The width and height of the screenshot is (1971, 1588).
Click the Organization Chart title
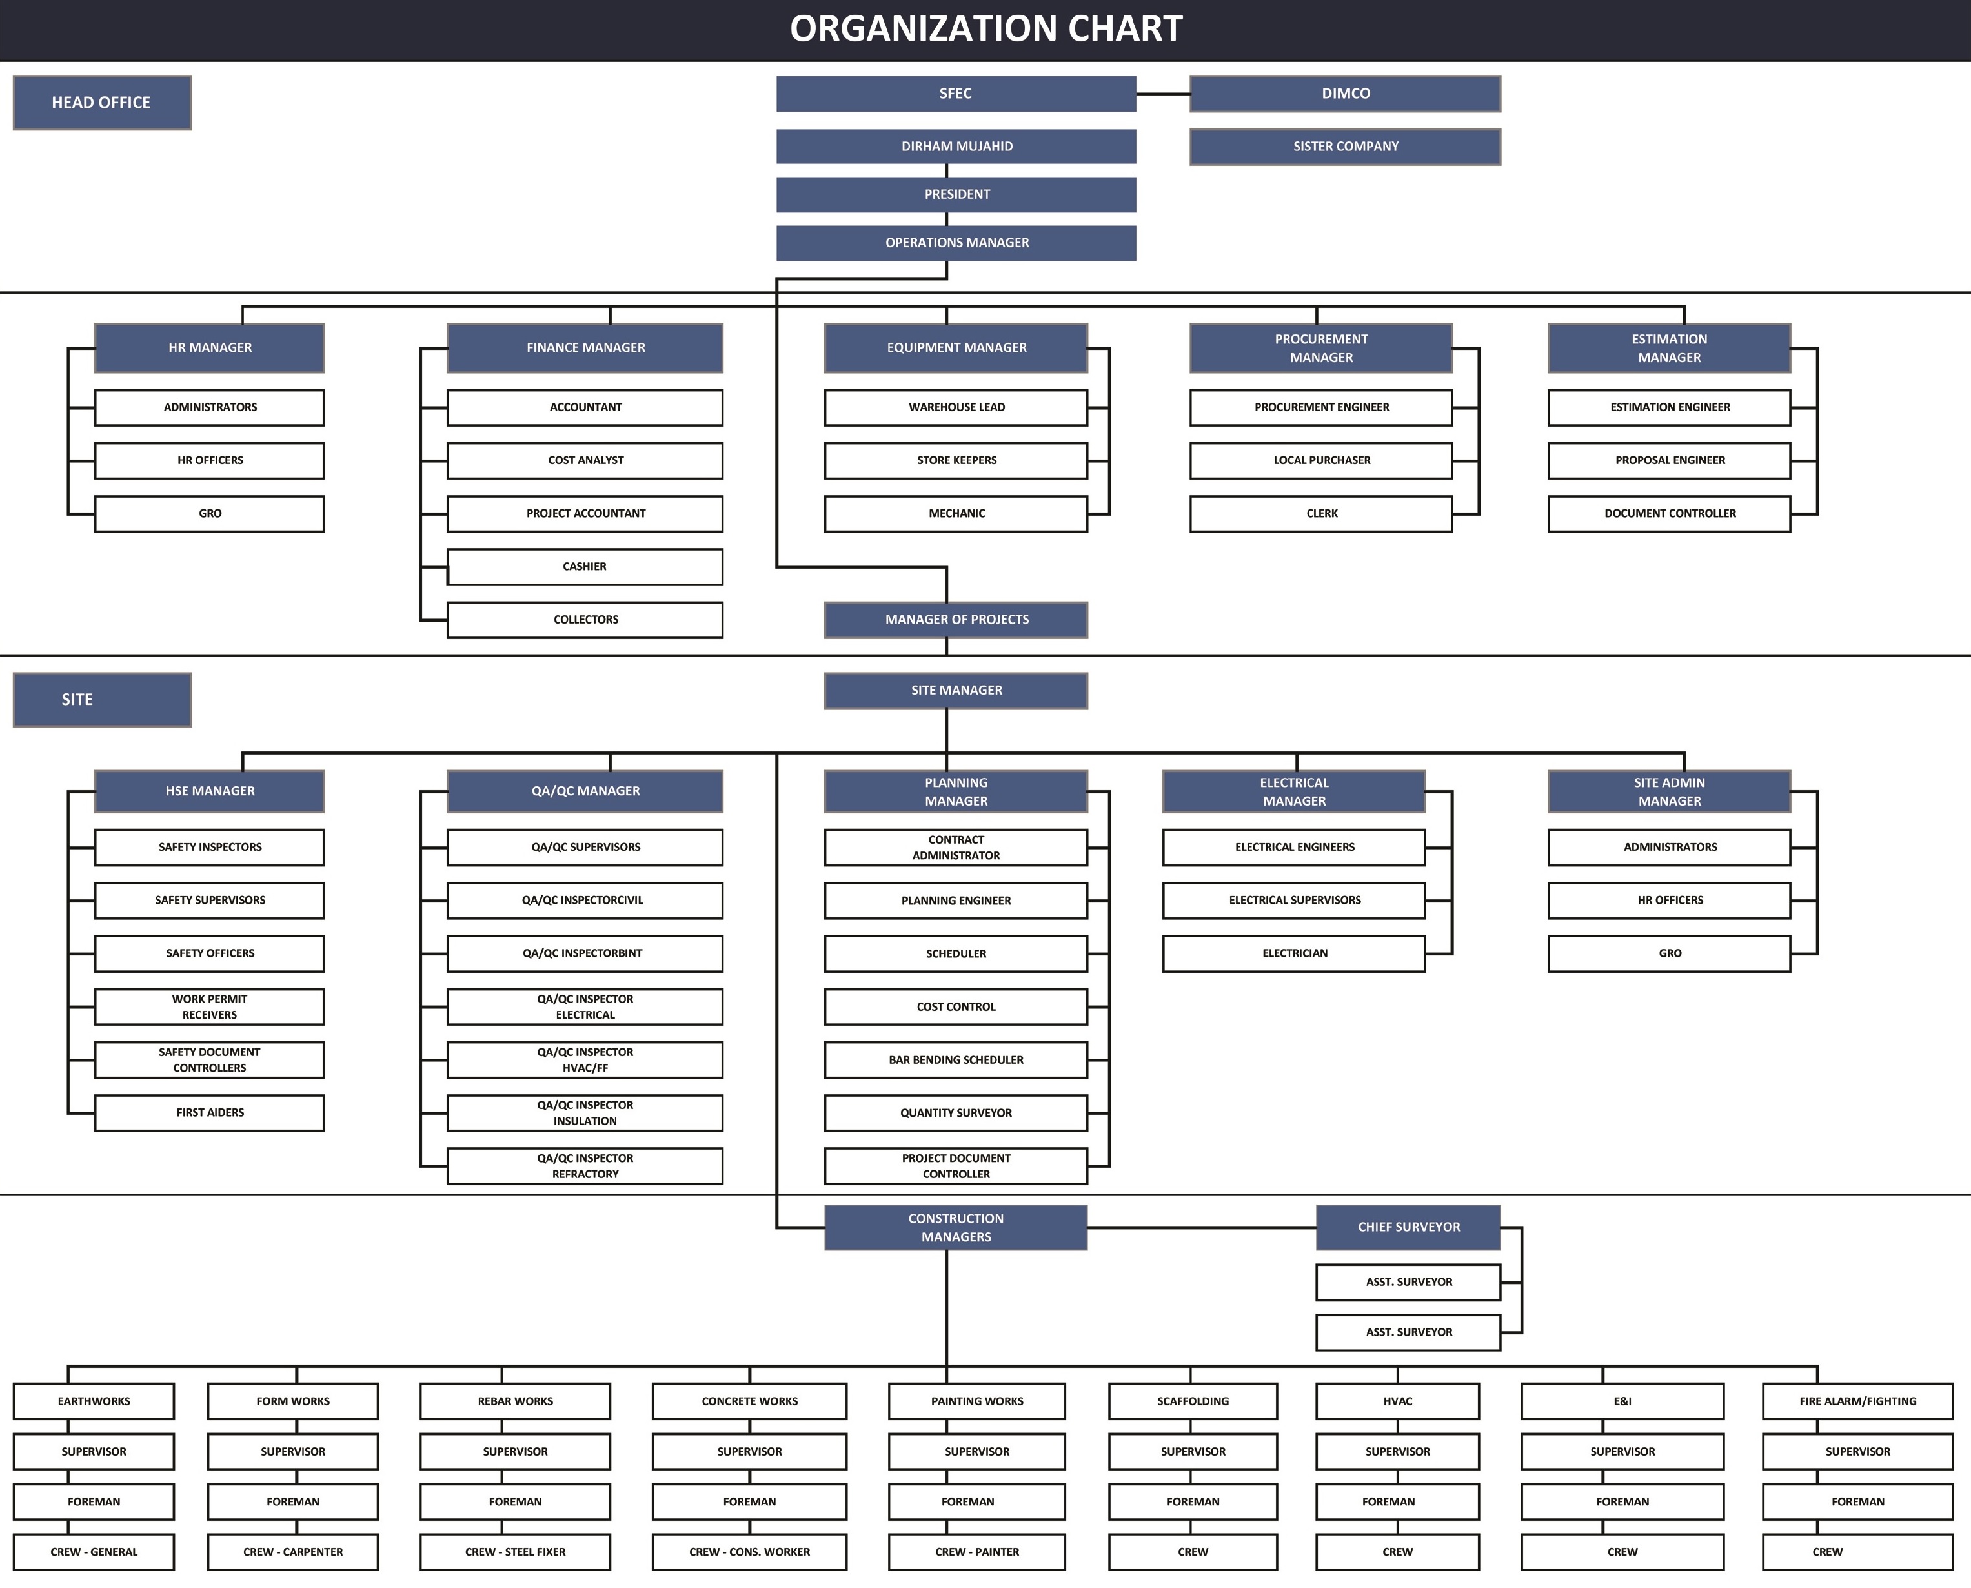pos(986,29)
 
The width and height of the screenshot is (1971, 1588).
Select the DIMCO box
pos(1346,94)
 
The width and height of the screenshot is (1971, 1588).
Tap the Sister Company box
pos(1346,147)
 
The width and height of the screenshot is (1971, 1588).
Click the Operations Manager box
pos(956,243)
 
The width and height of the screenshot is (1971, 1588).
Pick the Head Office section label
pos(101,103)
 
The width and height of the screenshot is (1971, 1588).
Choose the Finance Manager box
pos(585,347)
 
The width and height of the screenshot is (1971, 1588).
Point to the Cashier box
pos(585,566)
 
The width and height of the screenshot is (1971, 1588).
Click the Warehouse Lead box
pos(956,407)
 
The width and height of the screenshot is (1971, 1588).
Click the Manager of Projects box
pos(956,619)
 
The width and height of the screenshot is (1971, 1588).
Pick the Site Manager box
pos(956,691)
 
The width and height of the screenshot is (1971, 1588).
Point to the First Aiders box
pos(210,1112)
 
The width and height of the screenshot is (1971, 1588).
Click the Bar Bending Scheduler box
pos(956,1059)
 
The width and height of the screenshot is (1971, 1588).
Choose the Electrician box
pos(1294,953)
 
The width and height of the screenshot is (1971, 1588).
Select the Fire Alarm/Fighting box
pos(1857,1401)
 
